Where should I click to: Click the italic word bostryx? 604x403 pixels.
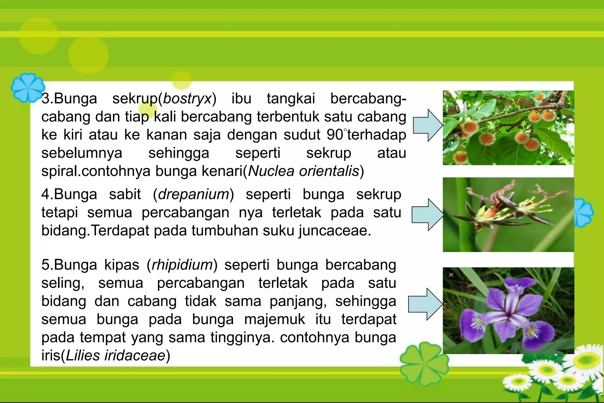coord(187,99)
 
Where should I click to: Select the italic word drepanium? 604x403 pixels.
coord(193,194)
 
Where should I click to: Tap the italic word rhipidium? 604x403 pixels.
coord(182,265)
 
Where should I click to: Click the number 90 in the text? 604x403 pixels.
coord(335,135)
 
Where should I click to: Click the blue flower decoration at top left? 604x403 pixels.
coord(28,88)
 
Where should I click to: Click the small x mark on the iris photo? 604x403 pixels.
coord(451,275)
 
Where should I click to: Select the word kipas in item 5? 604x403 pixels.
coord(122,265)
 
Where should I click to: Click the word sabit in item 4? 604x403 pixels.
coord(125,194)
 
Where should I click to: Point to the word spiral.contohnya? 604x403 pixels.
coord(96,171)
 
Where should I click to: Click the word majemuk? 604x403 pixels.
coord(274,319)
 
